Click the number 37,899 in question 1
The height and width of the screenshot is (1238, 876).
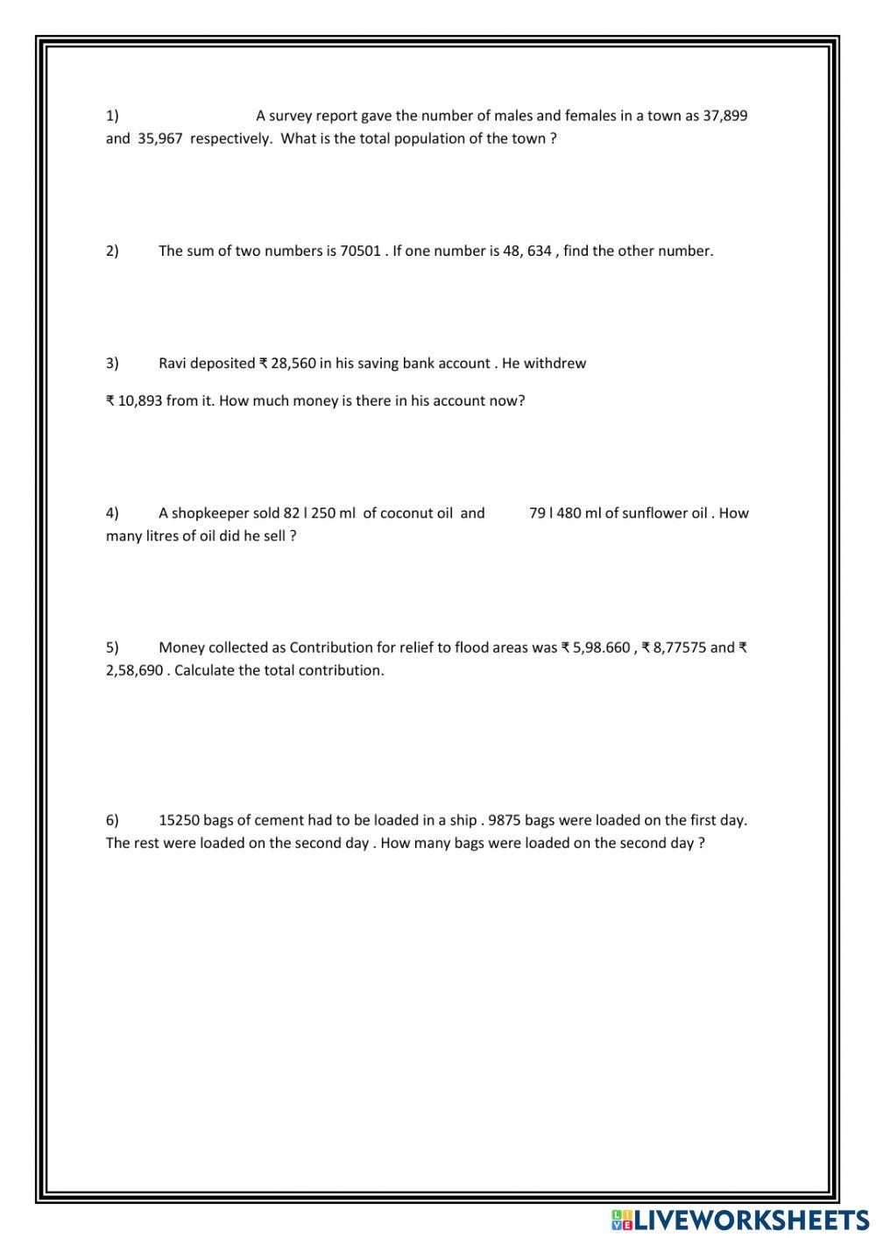tap(724, 116)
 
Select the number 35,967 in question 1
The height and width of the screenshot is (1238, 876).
tap(159, 138)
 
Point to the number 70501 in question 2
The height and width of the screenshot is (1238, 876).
tap(360, 251)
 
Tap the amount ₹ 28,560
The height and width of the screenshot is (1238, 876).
tap(287, 364)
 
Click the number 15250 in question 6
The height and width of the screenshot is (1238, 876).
tap(179, 821)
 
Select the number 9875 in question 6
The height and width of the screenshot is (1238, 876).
tap(505, 821)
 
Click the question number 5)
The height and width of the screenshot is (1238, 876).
tap(112, 648)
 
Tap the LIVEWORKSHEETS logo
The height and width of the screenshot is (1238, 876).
tap(740, 1220)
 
